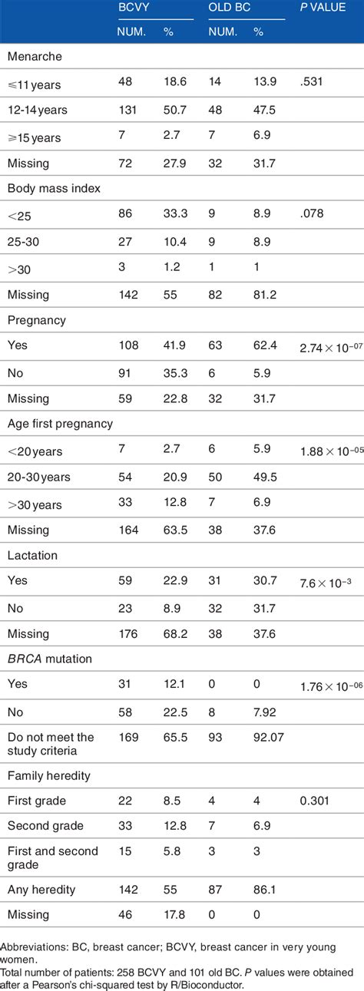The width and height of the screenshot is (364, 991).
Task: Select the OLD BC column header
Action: coord(228,11)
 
